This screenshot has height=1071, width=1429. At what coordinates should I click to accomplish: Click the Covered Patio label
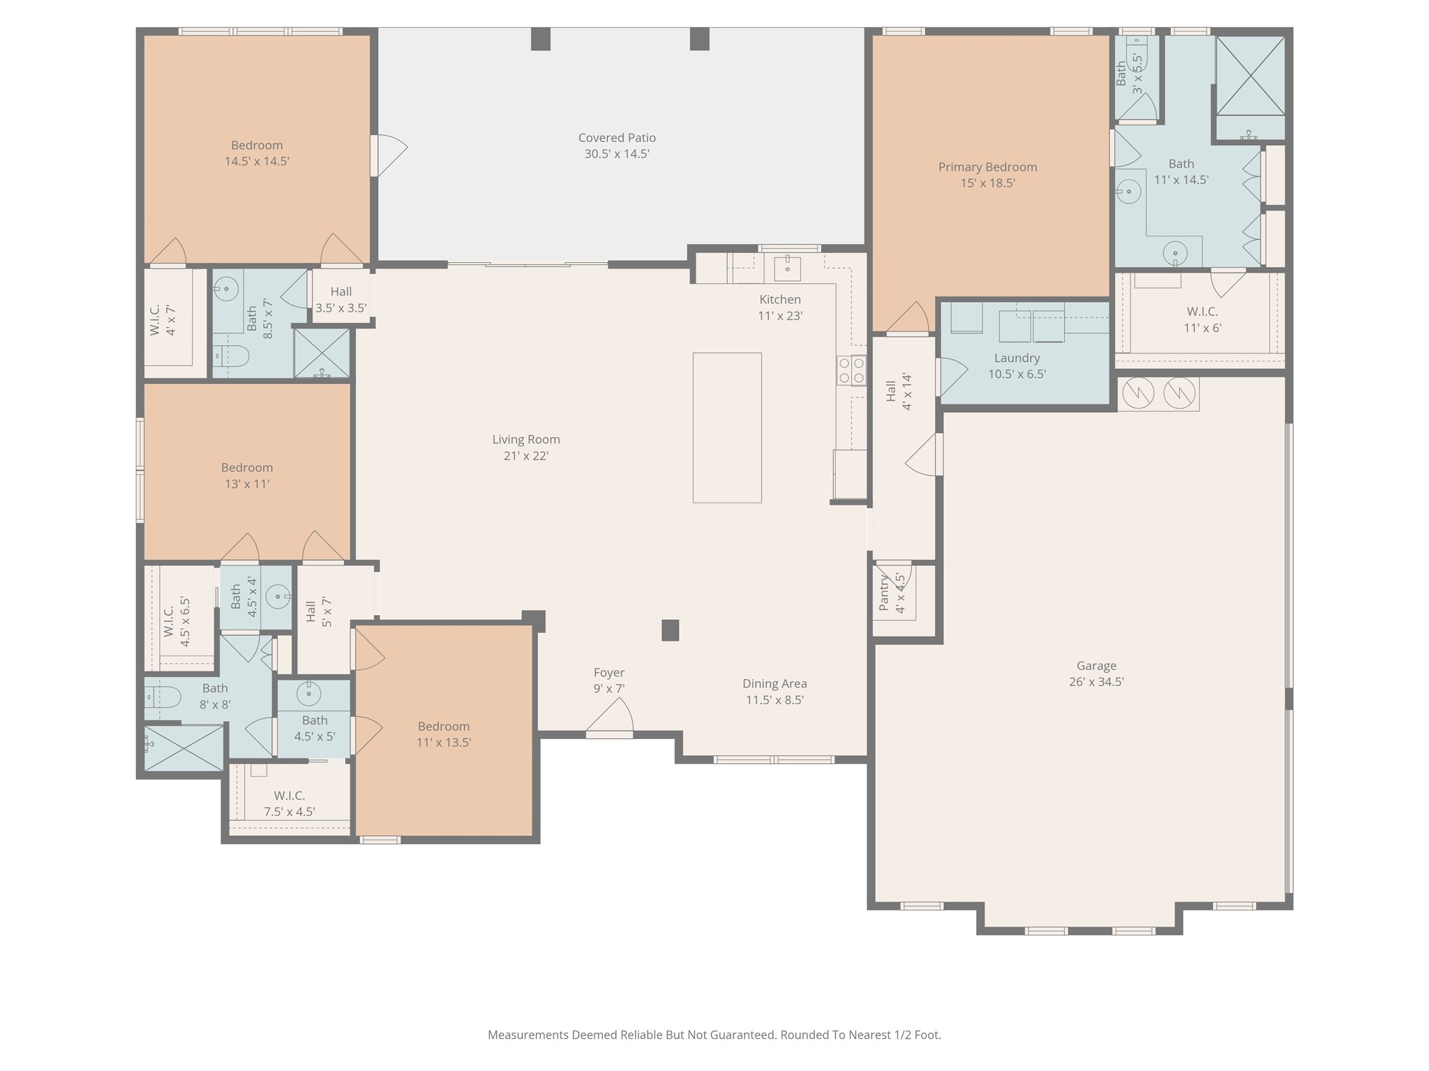coord(617,138)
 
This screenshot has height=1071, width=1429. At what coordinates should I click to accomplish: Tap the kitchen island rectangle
coord(727,427)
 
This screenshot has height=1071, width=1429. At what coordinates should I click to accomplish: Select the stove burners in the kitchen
coord(851,370)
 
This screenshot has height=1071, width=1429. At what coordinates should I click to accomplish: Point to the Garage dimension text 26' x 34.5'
coord(1096,682)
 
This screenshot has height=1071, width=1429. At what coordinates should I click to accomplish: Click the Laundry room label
coord(1017,358)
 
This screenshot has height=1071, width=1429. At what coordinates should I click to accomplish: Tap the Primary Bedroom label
coord(987,167)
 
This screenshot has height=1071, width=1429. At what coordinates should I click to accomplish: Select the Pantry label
coord(884,593)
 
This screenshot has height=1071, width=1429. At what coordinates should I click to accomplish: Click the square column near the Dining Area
coord(670,630)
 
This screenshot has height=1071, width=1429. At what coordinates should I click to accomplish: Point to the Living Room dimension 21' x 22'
coord(526,456)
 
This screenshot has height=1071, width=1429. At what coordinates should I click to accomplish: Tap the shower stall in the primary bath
coord(1250,76)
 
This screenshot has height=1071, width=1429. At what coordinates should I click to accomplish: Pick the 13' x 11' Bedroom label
coord(247,468)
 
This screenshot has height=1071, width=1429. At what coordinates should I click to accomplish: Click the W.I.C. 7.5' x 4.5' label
coord(289,796)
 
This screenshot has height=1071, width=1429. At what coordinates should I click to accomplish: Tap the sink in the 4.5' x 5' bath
coord(308,693)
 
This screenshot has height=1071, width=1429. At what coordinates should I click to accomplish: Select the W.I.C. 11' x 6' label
coord(1202,312)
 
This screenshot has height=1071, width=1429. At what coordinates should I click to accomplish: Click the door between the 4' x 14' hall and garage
coord(925,455)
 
